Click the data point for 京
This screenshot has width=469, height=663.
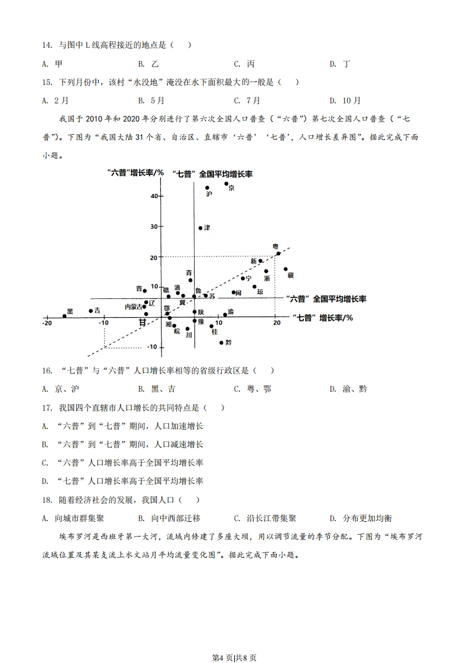[227, 184]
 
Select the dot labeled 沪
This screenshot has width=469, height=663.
[207, 188]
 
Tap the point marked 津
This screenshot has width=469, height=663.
[200, 228]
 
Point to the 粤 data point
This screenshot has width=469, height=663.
[279, 253]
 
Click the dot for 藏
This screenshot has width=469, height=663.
[286, 269]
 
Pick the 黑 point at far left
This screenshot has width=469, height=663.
[64, 311]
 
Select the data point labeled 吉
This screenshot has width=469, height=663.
[90, 311]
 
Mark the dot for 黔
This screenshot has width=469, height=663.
[222, 343]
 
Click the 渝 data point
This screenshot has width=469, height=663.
[225, 315]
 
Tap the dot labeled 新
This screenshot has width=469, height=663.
[260, 261]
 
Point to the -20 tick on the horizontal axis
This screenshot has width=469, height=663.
[47, 323]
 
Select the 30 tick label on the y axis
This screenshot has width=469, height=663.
[153, 226]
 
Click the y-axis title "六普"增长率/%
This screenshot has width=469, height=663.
[135, 173]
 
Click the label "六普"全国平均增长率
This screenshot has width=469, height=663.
[325, 299]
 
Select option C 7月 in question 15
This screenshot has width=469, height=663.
[247, 100]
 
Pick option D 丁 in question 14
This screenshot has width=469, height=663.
[340, 64]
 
